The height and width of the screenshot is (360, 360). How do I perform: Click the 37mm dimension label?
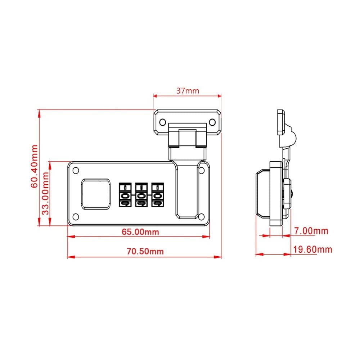coord(187,91)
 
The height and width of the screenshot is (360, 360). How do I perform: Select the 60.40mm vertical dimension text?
coord(34,166)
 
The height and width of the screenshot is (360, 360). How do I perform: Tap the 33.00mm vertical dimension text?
coord(45,193)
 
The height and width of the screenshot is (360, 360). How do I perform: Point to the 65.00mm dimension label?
coord(140,232)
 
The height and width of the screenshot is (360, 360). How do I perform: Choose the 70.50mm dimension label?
coord(145,252)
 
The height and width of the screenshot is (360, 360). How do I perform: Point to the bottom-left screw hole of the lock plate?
coord(76,216)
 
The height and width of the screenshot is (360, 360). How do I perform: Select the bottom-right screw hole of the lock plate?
coord(202,216)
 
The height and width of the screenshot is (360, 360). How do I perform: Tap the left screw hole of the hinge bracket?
coord(162,122)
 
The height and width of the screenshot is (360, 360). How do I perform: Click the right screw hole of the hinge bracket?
coord(212,122)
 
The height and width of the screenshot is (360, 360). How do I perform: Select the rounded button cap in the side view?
coord(262,194)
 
